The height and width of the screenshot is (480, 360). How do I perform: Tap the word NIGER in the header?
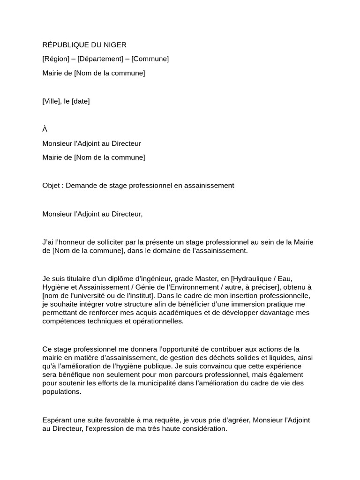pos(112,45)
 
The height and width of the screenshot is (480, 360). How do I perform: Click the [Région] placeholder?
pos(56,59)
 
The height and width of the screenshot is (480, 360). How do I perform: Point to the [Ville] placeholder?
pos(52,101)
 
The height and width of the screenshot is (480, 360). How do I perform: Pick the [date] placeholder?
pos(81,101)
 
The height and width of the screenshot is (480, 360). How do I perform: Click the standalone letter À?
pos(45,129)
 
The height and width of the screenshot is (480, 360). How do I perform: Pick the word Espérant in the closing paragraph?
pos(57,420)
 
